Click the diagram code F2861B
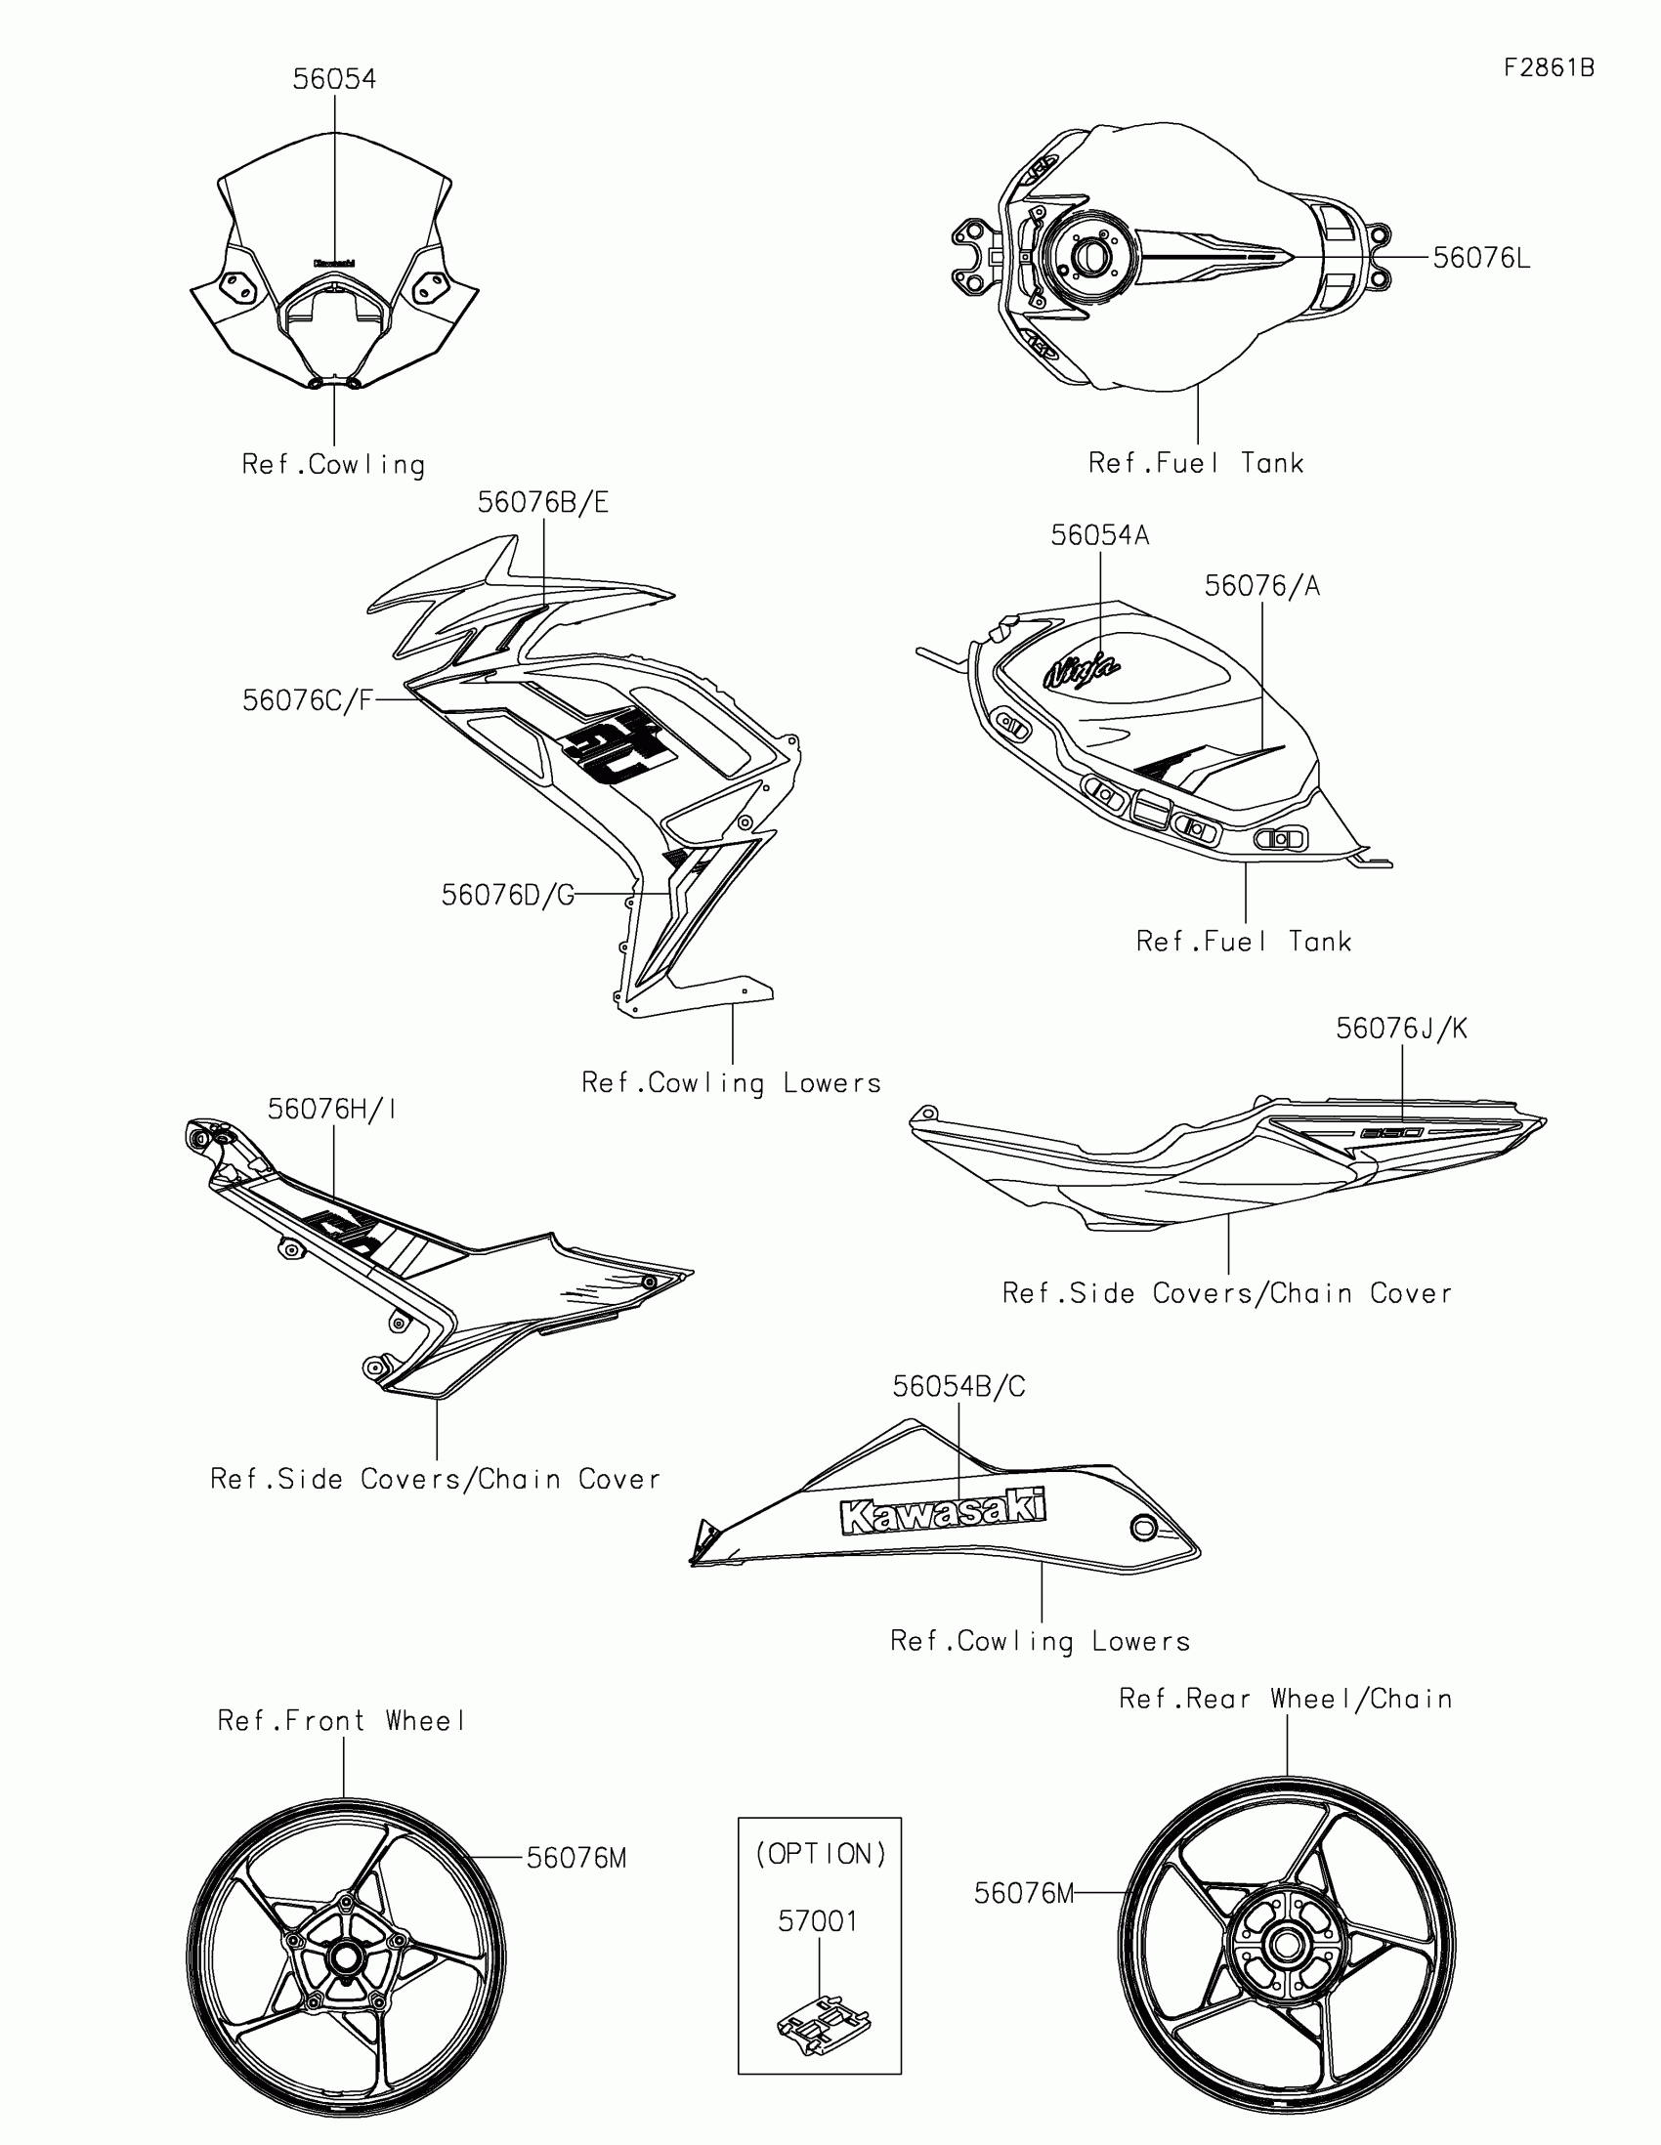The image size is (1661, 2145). [x=1548, y=66]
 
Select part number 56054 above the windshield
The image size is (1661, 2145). [x=334, y=78]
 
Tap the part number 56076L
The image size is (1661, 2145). [x=1481, y=258]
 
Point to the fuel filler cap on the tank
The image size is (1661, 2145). [x=1089, y=257]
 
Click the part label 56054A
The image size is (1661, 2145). [x=1099, y=535]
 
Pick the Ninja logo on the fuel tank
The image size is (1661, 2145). [x=1082, y=672]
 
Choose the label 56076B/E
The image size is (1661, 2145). [x=543, y=502]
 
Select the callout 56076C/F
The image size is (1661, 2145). [x=308, y=700]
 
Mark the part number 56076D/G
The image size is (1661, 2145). [x=507, y=895]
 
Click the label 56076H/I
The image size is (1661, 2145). [x=332, y=1109]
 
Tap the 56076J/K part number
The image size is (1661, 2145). [x=1401, y=1029]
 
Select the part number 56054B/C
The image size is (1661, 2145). [x=958, y=1386]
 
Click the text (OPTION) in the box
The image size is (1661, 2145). [x=820, y=1853]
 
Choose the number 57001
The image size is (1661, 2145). [x=818, y=1921]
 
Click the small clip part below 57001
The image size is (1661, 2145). [x=823, y=2023]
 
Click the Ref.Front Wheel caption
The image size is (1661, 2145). [x=341, y=1721]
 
